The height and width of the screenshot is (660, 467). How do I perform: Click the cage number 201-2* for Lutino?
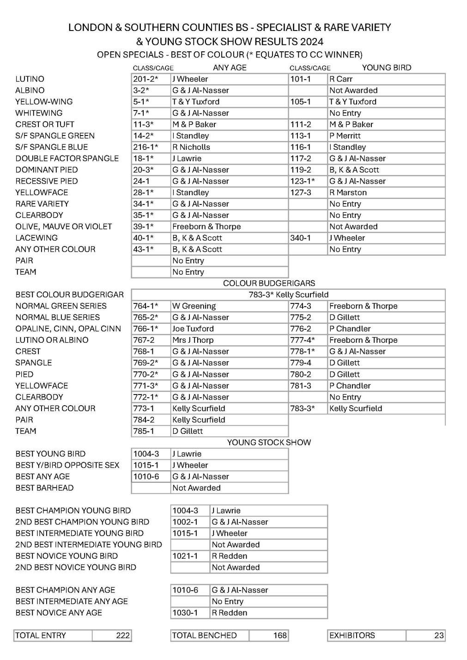tap(146, 79)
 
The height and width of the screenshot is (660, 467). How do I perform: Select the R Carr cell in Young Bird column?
tap(341, 79)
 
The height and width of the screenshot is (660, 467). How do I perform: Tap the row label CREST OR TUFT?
tap(45, 124)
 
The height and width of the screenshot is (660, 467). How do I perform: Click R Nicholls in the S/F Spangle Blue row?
tap(191, 147)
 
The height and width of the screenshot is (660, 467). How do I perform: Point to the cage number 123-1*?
tap(303, 181)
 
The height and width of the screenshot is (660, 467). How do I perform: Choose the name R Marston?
tap(348, 192)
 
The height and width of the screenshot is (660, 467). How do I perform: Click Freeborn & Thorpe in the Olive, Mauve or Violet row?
tap(206, 227)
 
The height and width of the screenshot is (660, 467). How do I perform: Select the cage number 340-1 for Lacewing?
tap(300, 238)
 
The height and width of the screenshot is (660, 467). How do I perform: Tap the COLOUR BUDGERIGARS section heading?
tap(269, 283)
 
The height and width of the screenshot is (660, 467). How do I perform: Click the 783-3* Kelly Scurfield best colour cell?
tap(288, 295)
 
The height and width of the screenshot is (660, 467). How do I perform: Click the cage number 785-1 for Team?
tap(144, 431)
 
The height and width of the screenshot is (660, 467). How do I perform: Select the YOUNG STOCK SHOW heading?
tap(269, 443)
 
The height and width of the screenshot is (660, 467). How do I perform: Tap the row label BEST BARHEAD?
tap(44, 488)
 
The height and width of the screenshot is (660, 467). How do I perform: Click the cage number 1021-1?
tap(185, 556)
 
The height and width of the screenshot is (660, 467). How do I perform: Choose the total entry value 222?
tap(122, 635)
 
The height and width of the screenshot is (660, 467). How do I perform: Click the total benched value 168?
tap(280, 635)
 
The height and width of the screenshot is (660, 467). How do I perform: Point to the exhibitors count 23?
tap(439, 635)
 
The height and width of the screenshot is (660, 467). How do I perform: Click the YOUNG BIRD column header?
tap(386, 68)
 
